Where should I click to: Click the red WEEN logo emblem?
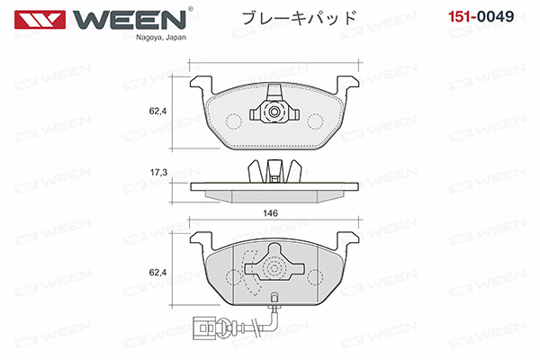(40, 19)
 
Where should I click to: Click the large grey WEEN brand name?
(129, 20)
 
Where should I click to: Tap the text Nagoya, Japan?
(161, 38)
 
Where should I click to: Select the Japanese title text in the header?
(299, 17)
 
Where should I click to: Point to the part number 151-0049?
(481, 16)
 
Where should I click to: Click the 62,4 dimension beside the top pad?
(157, 111)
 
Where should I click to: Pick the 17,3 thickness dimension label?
(158, 172)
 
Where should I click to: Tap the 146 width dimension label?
(270, 213)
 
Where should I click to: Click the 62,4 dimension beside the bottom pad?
(157, 272)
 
